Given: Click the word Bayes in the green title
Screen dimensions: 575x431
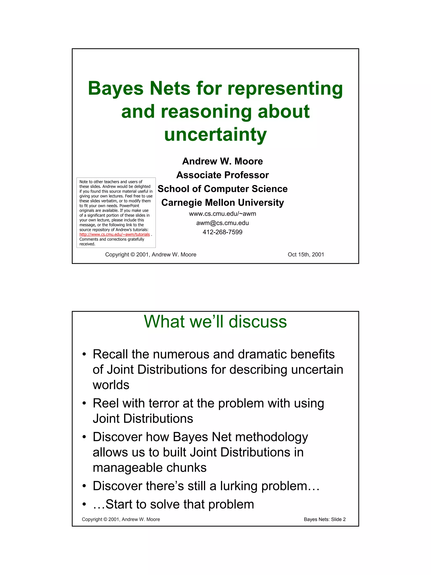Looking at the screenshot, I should (x=116, y=88).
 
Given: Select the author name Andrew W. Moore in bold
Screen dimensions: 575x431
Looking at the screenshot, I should (x=222, y=161).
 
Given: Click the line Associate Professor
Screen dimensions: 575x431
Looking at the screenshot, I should (x=222, y=175).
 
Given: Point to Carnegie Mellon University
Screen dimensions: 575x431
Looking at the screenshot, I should (x=222, y=203).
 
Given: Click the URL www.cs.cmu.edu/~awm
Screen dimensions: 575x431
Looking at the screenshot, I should (x=222, y=214).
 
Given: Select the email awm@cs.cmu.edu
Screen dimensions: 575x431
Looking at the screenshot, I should (x=222, y=223).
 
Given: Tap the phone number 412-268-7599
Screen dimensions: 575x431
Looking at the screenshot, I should (x=222, y=232).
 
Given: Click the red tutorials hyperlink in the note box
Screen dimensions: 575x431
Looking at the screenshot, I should (x=114, y=235).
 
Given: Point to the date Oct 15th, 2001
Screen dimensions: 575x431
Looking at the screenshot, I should (x=306, y=255).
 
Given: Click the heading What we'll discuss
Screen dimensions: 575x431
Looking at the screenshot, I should (x=215, y=322).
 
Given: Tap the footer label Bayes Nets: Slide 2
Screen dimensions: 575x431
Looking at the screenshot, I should (x=325, y=519).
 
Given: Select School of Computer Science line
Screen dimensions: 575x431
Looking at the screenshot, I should (x=222, y=189).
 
